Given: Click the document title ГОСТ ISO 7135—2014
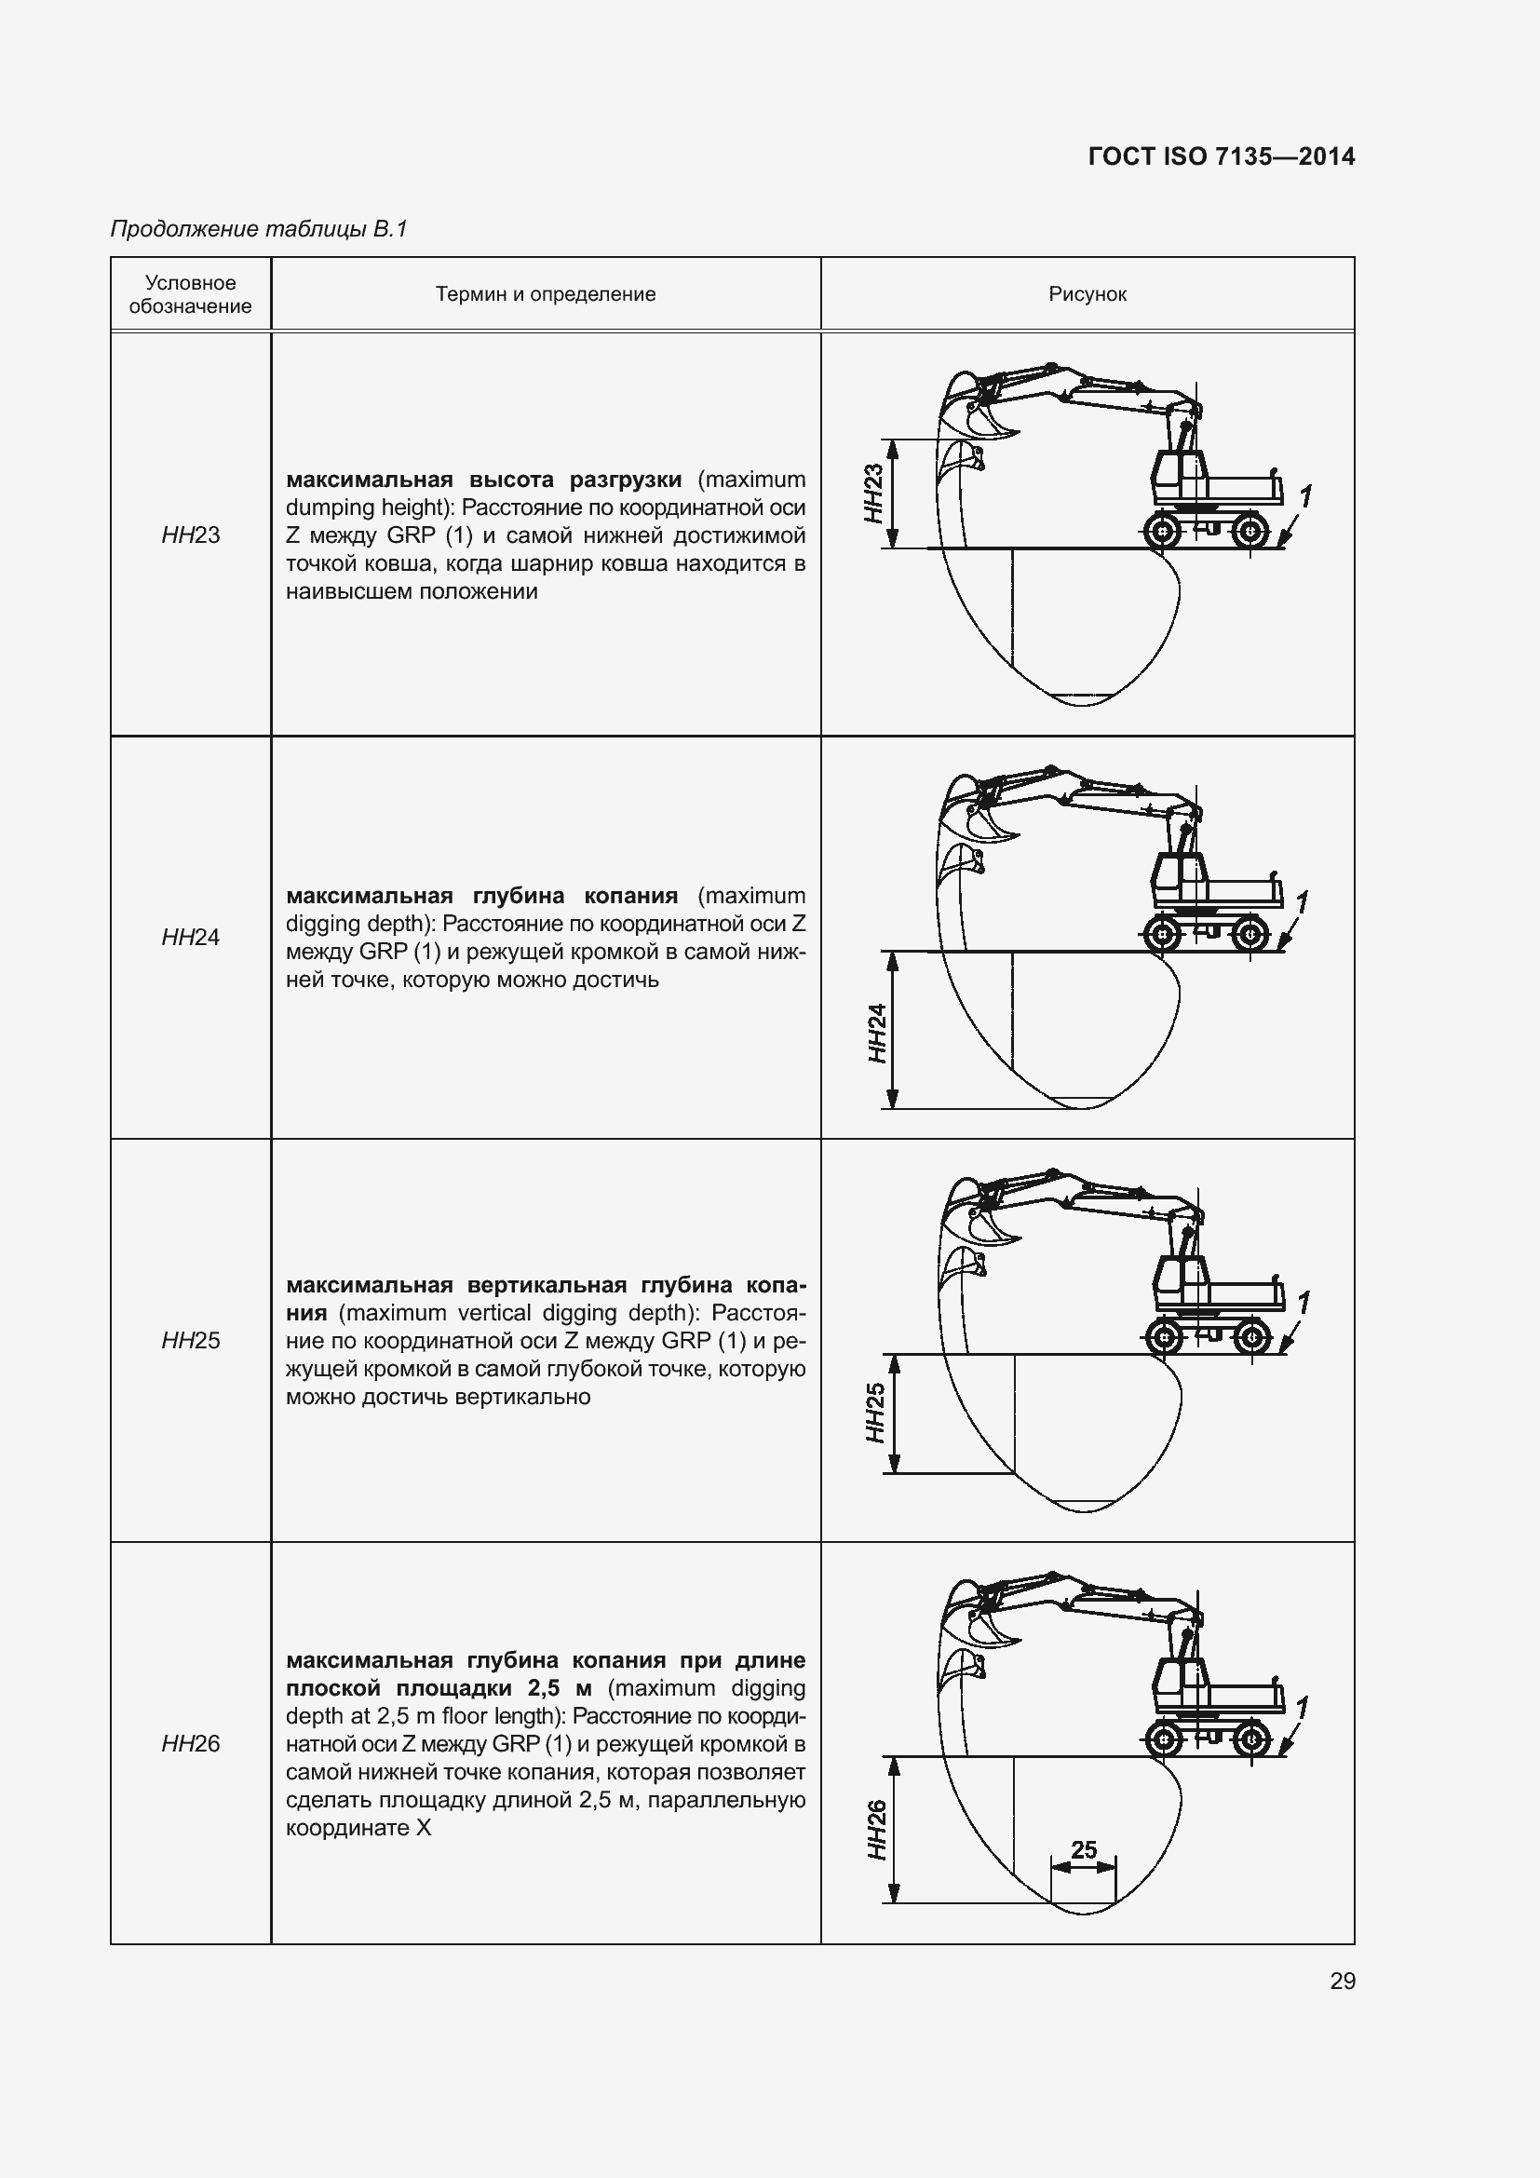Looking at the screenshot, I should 1221,156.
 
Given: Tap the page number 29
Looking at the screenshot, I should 1342,1981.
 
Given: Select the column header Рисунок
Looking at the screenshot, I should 1087,294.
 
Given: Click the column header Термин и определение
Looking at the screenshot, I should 546,294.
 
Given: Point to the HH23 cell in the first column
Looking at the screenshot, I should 191,535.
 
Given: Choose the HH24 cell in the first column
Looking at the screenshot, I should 191,938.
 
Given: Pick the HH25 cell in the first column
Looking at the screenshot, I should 191,1340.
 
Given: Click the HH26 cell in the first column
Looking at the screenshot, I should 191,1743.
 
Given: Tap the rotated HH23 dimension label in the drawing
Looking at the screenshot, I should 873,494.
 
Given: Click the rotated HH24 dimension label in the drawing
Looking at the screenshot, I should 877,1033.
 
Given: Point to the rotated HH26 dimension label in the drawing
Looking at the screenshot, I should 876,1830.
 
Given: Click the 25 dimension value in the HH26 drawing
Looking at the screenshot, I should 1083,1849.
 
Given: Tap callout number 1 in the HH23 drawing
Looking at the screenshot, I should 1304,496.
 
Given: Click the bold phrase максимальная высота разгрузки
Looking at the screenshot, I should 483,479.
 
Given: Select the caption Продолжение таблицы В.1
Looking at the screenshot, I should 259,229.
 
